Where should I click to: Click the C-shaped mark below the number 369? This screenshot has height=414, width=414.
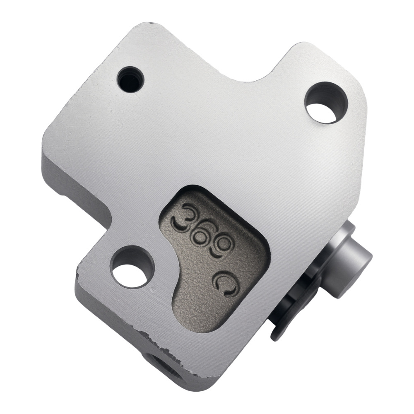pyautogui.click(x=226, y=284)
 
